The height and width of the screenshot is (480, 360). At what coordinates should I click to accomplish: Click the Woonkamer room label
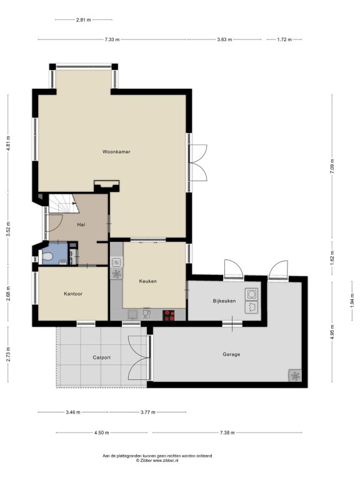pos(116,151)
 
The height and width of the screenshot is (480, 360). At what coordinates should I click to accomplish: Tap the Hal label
pos(81,225)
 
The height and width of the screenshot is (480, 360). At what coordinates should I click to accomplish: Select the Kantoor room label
pos(73,294)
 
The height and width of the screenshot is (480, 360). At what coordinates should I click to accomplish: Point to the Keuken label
pos(148,281)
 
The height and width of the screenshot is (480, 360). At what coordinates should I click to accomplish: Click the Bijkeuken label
pos(224,301)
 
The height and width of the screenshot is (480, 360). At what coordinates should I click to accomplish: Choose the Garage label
pos(231,354)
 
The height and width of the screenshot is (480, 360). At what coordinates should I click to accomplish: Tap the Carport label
pos(102,357)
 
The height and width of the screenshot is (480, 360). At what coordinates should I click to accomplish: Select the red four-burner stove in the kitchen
pos(169,315)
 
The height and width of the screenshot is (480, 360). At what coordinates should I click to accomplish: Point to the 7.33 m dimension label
pos(112,39)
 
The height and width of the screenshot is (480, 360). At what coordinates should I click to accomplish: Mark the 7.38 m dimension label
pos(227,432)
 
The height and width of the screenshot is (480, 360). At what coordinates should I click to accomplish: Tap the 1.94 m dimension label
pos(352,300)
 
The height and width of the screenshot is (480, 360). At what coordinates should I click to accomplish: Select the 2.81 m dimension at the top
pos(83,20)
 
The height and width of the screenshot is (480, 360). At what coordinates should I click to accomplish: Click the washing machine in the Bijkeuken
pos(252,294)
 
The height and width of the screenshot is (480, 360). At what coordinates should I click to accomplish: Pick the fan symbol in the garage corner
pos(296,376)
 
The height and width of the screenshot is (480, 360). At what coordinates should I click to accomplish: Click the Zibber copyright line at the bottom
pos(157,460)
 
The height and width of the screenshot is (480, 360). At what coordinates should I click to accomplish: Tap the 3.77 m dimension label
pos(148,412)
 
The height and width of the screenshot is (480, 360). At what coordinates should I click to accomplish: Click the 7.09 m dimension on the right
pos(332,166)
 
